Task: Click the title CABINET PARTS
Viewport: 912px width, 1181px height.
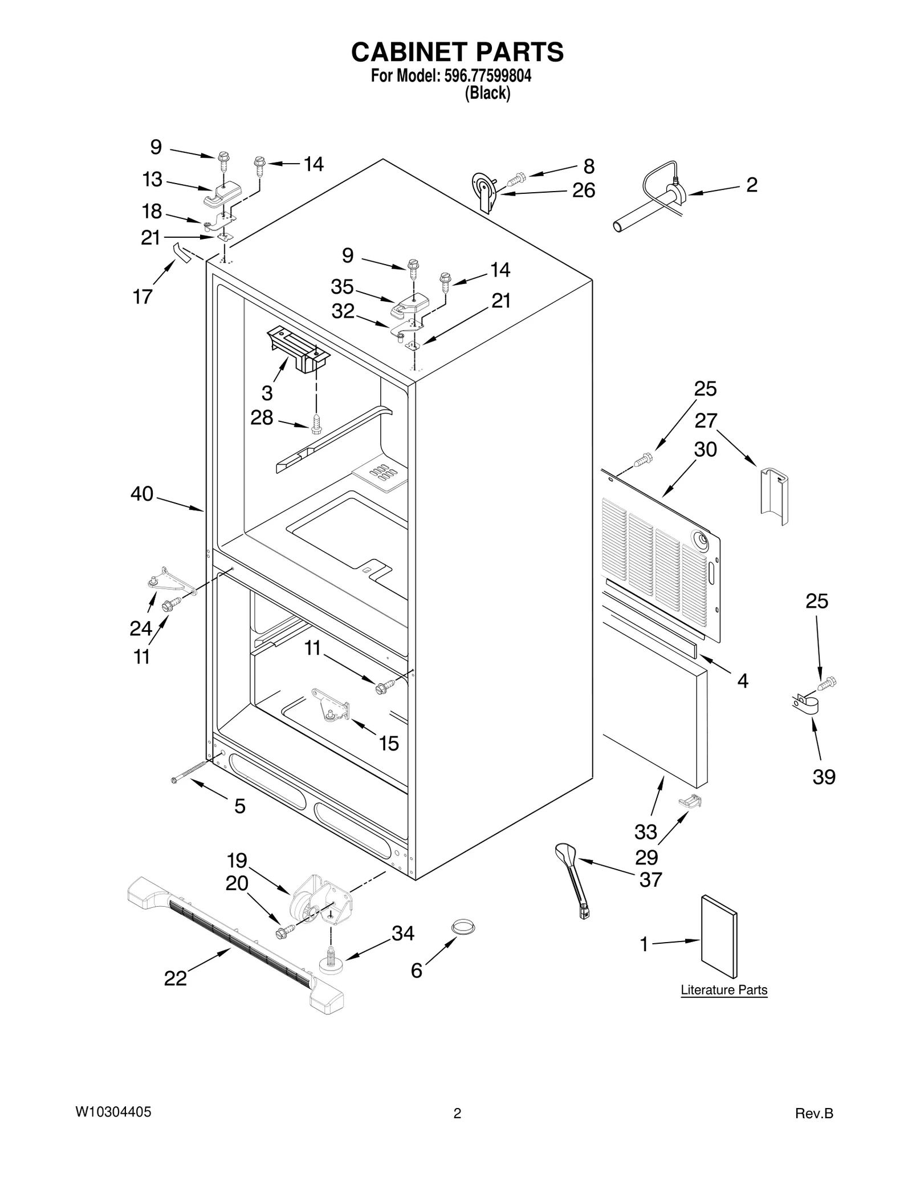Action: tap(457, 52)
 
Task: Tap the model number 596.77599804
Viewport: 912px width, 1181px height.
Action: tap(486, 76)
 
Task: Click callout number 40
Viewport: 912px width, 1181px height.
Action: tap(142, 494)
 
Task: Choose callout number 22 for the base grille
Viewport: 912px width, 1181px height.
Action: tap(175, 979)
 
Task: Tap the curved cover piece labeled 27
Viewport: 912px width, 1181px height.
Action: tap(774, 494)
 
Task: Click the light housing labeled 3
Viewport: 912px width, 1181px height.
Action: tap(298, 350)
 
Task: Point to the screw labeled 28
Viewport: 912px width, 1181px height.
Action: tap(317, 424)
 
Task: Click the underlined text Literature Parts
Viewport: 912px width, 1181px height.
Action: tap(723, 1005)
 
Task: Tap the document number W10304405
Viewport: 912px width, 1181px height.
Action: tap(113, 1111)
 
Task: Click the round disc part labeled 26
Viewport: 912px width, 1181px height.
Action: tap(483, 191)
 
